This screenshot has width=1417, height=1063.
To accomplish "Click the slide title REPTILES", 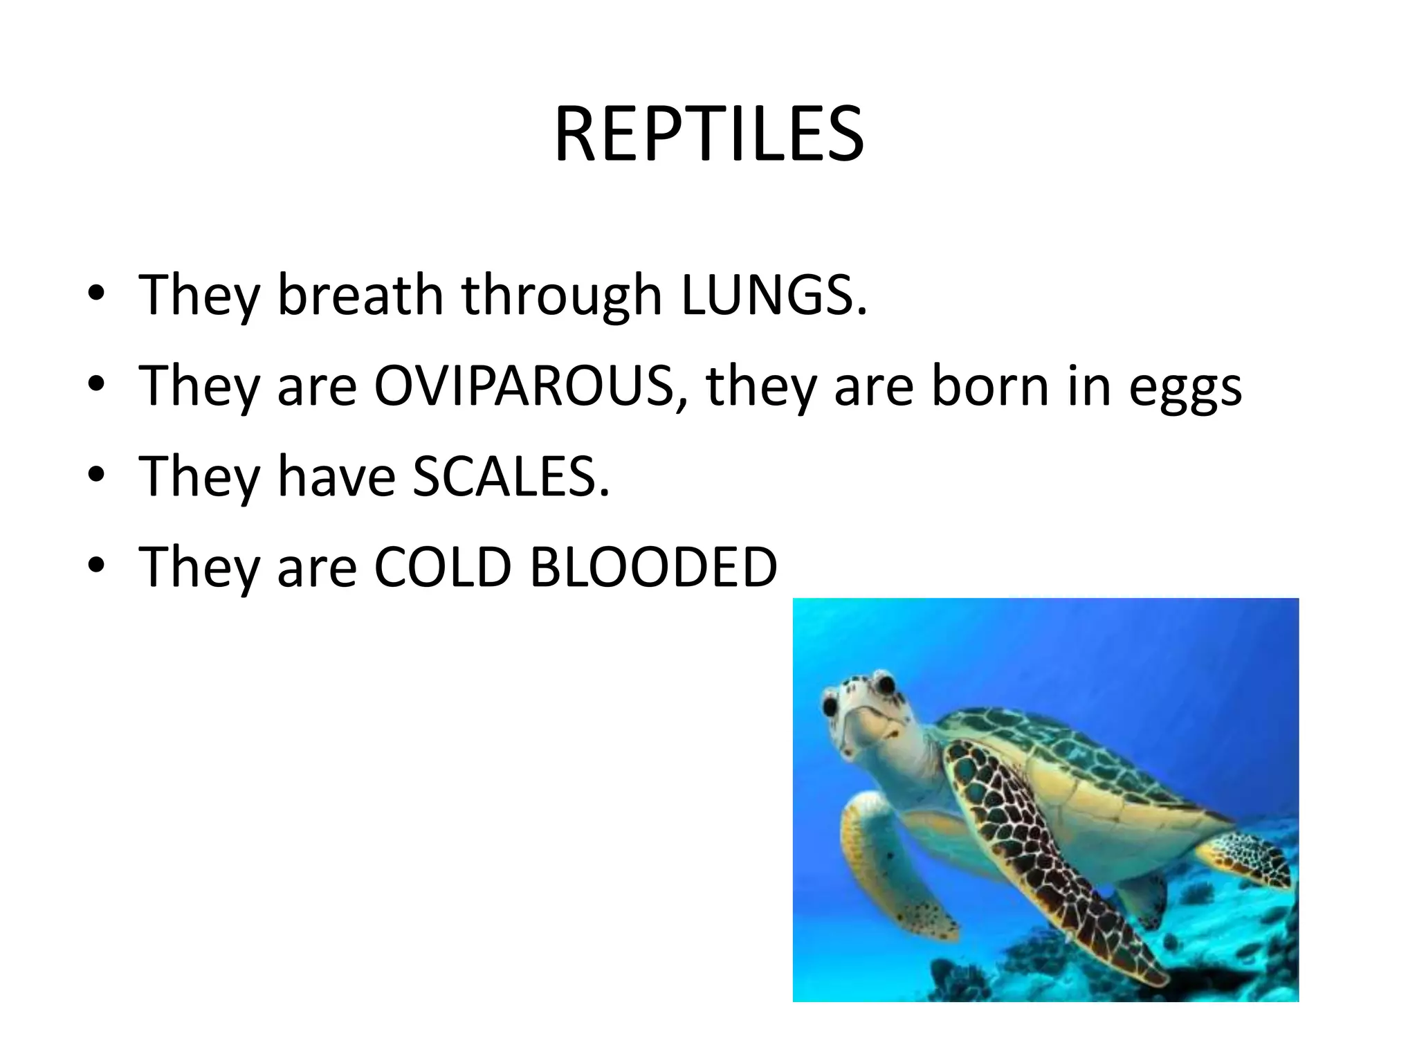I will click(708, 134).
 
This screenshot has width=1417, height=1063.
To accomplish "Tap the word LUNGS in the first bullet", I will click(772, 295).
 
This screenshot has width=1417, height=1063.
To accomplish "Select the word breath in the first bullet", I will click(360, 295).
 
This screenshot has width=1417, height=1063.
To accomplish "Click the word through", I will click(561, 296).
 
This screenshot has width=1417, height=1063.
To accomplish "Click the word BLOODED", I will click(653, 567).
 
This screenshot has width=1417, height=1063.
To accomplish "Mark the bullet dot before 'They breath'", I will click(96, 294).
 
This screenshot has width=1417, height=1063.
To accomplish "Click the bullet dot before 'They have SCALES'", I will click(96, 475).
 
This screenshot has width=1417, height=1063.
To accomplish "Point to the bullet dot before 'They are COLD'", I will click(96, 566).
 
